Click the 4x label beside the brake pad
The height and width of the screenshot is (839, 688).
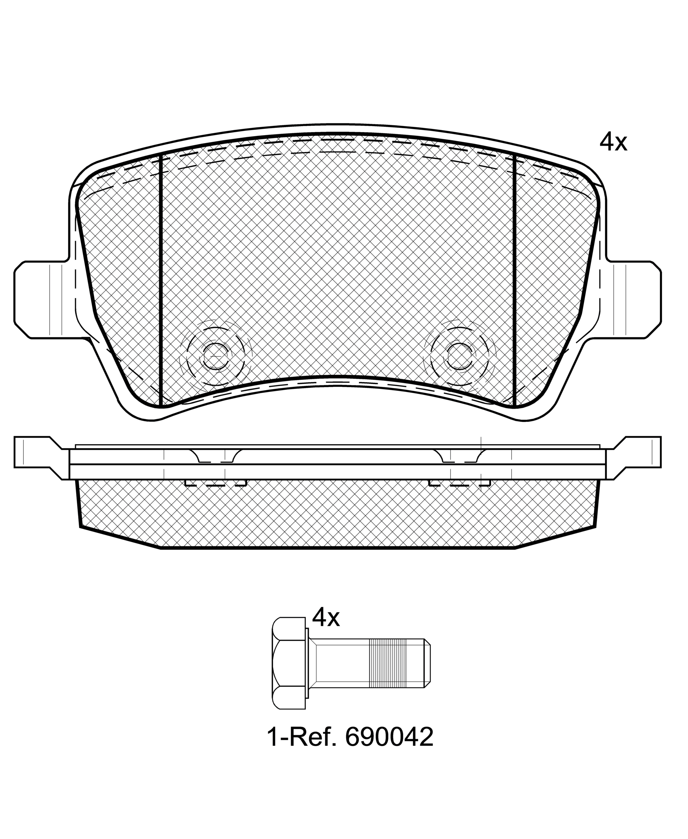pos(613,142)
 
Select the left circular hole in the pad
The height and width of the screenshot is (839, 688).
pos(216,356)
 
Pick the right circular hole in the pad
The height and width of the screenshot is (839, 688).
pos(460,356)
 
